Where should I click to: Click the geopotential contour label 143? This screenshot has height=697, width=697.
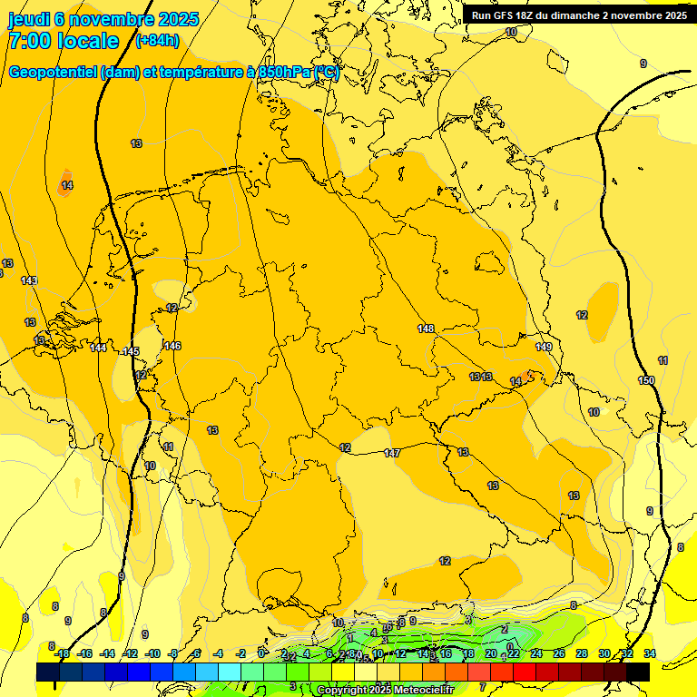[x=29, y=280]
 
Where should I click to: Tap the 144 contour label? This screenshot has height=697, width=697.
[x=98, y=348]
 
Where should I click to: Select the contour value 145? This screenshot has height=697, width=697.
[x=132, y=351]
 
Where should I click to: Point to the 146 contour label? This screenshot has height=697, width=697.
[x=172, y=346]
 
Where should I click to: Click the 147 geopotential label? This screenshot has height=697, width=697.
[x=392, y=453]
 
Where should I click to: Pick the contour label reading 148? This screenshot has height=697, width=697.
[x=426, y=329]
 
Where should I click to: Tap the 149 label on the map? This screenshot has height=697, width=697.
[x=544, y=348]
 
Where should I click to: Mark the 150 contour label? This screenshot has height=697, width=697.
[x=646, y=380]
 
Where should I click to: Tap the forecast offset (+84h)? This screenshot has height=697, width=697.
[x=157, y=41]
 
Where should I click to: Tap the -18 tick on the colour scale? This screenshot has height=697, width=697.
[x=62, y=653]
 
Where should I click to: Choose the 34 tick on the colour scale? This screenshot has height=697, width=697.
[x=650, y=653]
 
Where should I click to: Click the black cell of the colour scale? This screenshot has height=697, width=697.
[x=638, y=672]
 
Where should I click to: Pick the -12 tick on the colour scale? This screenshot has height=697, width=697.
[x=130, y=653]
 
